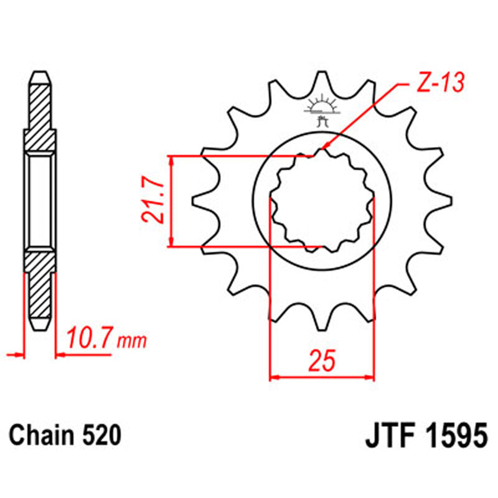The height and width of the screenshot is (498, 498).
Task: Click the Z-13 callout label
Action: (x=439, y=84)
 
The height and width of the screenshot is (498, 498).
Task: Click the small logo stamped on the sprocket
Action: (x=322, y=110)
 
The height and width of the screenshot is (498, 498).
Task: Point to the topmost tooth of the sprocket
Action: (x=322, y=80)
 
